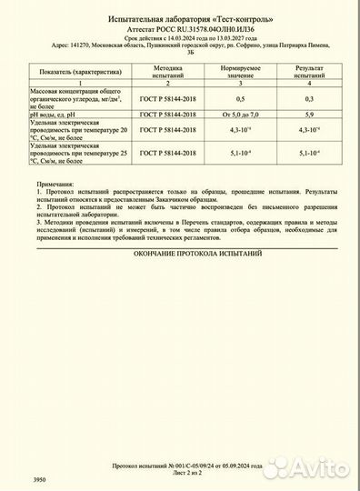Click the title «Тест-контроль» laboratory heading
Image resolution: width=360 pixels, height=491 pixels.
click(x=180, y=18)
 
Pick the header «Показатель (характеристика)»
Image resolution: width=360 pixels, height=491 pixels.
click(x=79, y=67)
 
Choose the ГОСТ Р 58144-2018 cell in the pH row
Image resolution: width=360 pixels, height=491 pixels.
click(x=169, y=115)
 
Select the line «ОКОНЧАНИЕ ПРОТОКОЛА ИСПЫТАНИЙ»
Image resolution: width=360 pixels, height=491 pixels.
click(x=179, y=256)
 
